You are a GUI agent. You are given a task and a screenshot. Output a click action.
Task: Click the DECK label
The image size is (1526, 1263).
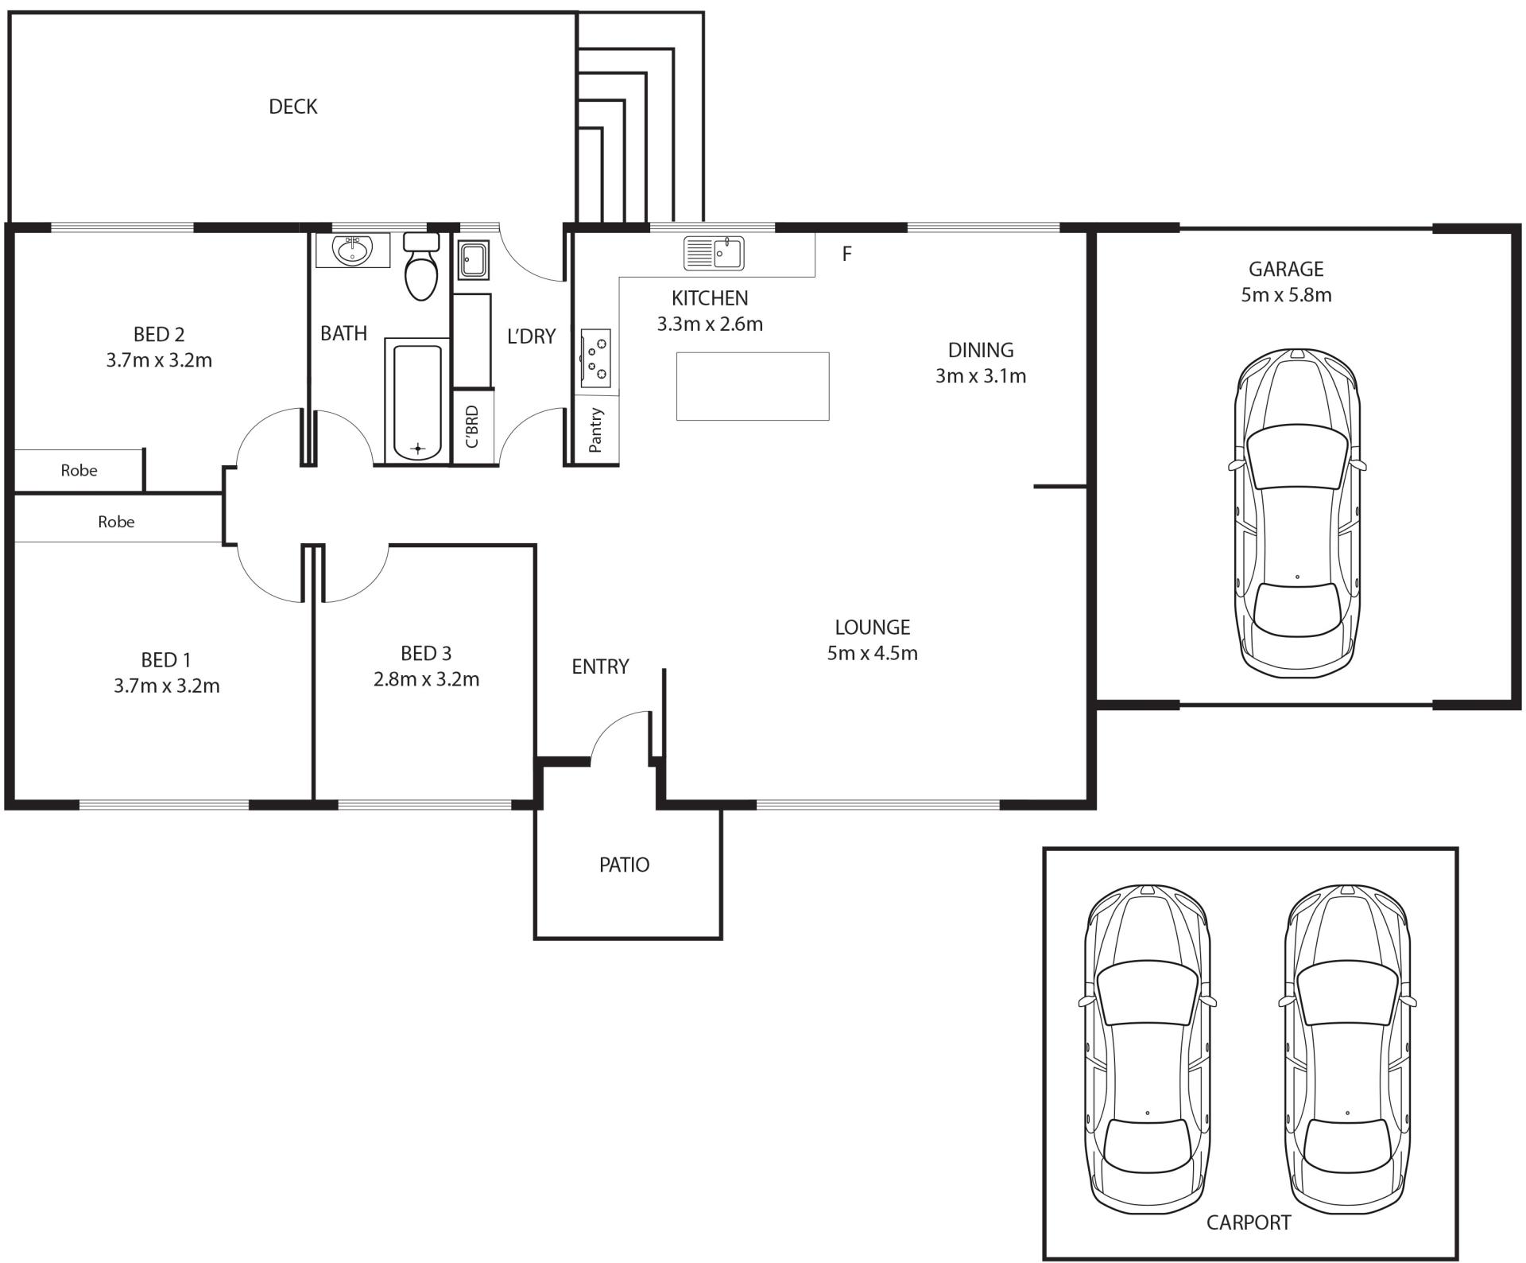point(292,107)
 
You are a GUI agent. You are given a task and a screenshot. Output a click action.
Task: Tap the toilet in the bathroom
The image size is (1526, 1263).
point(421,266)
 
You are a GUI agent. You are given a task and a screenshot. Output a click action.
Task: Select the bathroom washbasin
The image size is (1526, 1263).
point(353,250)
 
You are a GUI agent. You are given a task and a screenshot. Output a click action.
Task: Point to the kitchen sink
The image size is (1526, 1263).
point(714,253)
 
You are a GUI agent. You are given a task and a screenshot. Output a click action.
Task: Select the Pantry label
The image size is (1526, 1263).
point(596,430)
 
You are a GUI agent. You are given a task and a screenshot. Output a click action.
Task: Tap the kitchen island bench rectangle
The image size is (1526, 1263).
point(753,386)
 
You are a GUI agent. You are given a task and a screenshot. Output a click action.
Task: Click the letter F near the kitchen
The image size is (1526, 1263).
point(846,254)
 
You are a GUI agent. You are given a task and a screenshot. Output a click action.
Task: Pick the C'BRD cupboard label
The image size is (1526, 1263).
point(472,426)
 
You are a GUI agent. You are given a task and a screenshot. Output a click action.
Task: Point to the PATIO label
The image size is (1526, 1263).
point(624,865)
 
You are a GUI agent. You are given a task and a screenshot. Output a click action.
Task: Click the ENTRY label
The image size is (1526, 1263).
point(600,666)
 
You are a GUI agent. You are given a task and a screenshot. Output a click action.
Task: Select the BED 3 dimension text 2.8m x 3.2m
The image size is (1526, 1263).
point(426,679)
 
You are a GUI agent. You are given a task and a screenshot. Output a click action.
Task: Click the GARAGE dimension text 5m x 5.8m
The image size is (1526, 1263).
point(1286,295)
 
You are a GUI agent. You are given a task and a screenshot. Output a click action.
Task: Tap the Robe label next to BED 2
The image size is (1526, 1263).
point(79,470)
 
